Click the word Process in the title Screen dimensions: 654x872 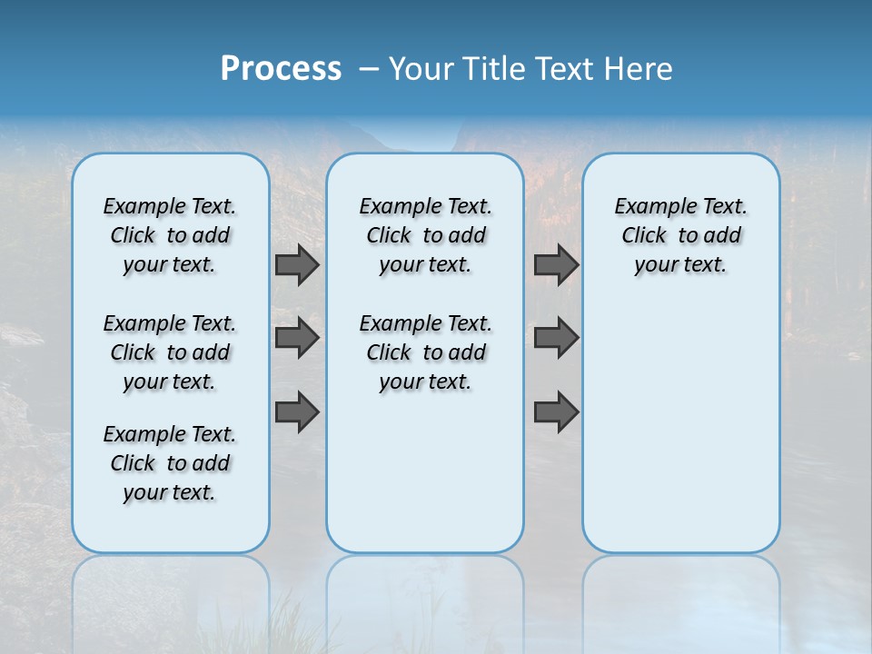281,69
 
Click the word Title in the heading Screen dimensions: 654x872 492,69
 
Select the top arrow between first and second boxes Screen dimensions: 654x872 297,264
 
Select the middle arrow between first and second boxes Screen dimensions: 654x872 297,338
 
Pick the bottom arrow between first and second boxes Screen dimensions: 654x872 297,413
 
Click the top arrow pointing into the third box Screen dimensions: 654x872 556,264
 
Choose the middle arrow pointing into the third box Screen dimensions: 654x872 556,338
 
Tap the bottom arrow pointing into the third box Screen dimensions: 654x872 556,413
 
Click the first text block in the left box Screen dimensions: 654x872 170,235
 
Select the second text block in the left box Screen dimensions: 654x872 170,352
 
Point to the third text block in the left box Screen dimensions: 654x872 170,463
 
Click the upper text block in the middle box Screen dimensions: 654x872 425,235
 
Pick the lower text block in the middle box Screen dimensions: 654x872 425,352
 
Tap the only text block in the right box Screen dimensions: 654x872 680,235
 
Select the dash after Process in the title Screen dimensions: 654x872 369,69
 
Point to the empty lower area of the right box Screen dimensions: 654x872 680,427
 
